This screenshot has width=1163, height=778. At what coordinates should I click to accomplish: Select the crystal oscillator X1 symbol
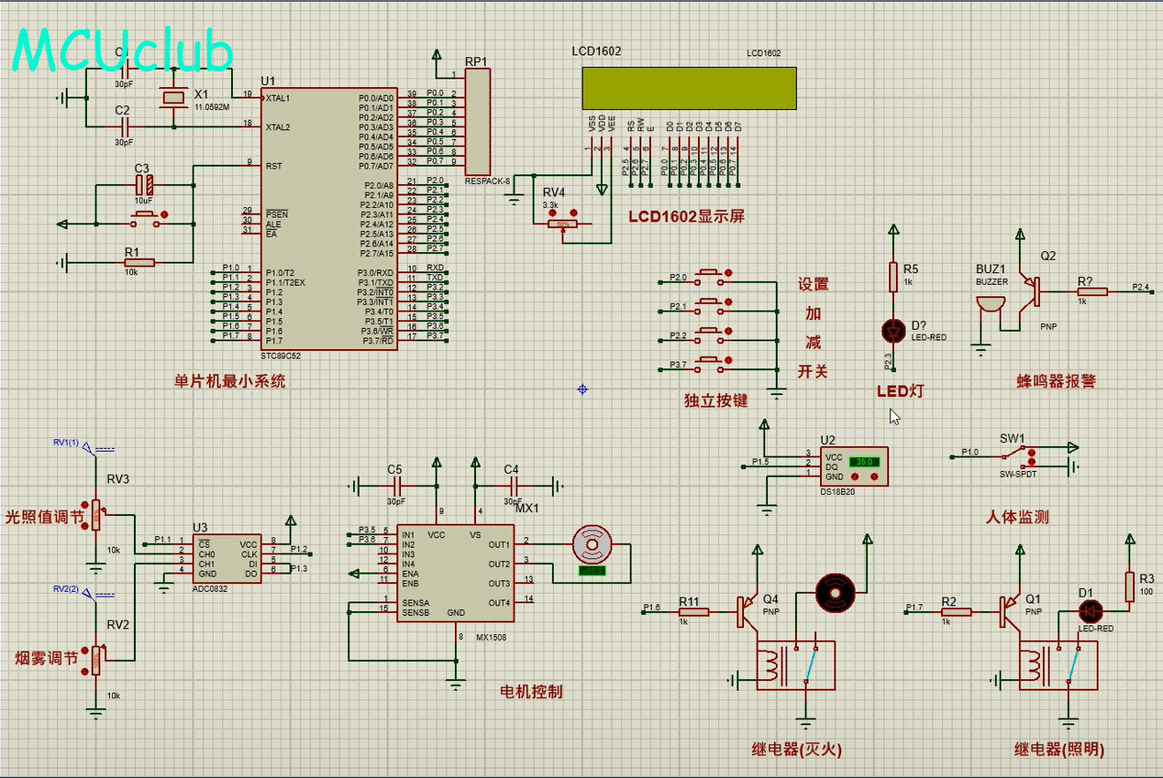(172, 97)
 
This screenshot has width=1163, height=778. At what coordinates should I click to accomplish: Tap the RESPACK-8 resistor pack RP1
(477, 122)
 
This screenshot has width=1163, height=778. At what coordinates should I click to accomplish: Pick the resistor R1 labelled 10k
(139, 263)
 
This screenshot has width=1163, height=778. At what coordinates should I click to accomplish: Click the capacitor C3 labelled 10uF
(142, 184)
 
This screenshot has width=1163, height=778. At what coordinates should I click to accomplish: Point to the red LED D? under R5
(892, 329)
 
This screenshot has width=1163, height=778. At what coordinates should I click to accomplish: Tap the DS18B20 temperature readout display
(865, 462)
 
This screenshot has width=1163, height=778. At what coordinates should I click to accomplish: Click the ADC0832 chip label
(209, 588)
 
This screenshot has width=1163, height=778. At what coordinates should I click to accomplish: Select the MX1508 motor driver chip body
(455, 573)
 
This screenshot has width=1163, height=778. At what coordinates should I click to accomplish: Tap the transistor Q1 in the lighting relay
(1008, 610)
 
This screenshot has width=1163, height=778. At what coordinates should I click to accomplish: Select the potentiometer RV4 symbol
(561, 224)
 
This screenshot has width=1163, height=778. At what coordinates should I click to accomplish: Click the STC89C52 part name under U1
(282, 356)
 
